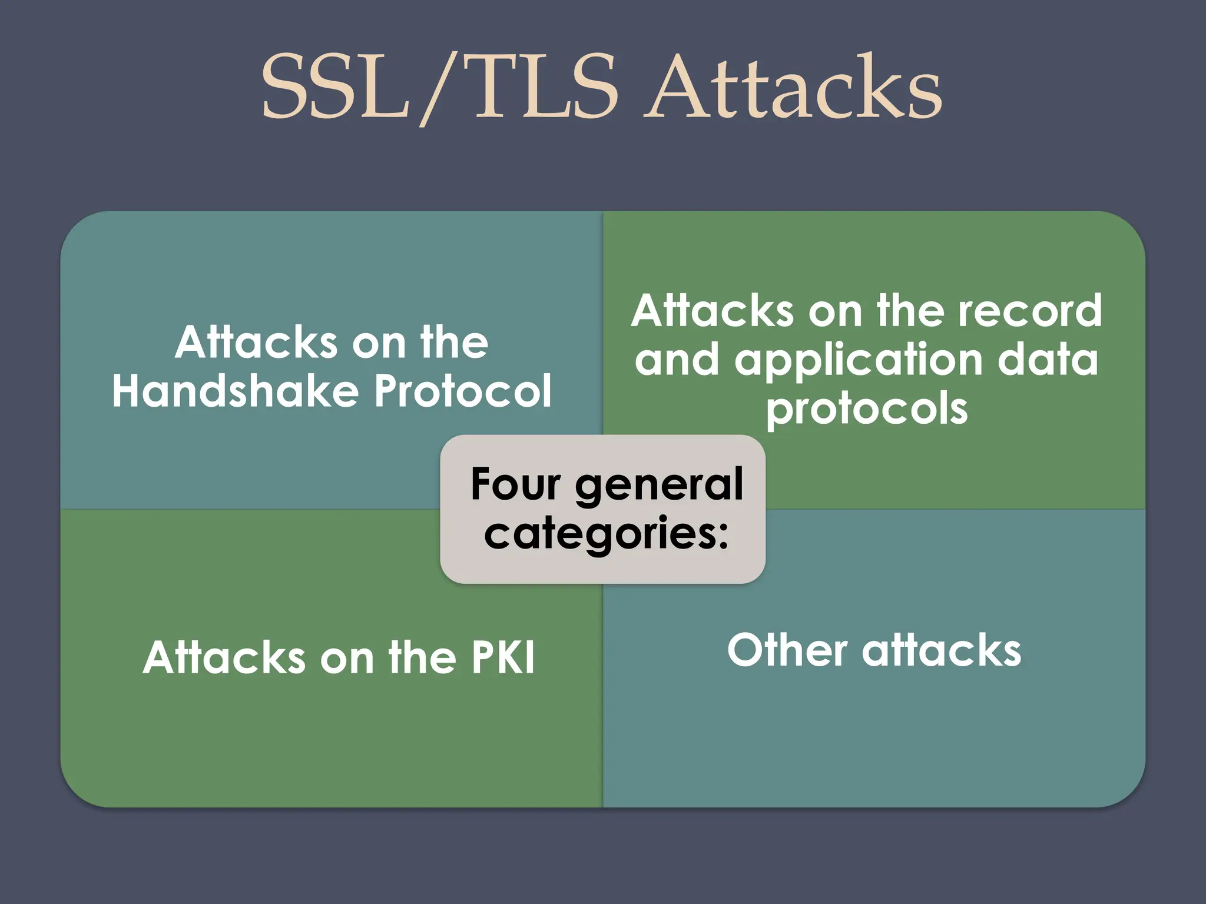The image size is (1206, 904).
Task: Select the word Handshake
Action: pos(236,391)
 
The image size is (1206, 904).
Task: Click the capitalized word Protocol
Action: pos(463,391)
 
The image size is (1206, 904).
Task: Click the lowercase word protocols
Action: pos(867,410)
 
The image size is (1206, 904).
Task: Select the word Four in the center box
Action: pos(516,484)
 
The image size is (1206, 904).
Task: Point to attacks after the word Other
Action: pos(942,650)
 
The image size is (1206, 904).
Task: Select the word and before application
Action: pos(677,360)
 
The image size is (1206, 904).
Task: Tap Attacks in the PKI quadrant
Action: pos(224,657)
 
